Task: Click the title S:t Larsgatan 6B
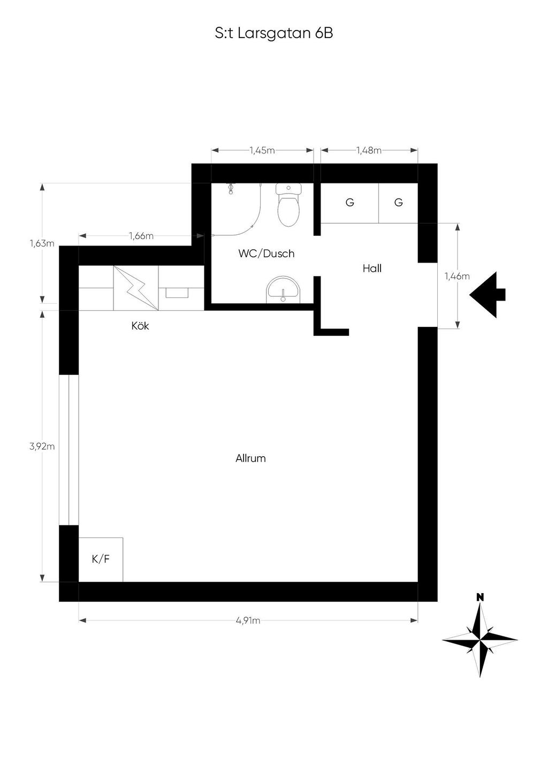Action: [x=274, y=34]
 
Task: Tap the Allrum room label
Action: [x=250, y=459]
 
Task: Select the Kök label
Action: [x=140, y=326]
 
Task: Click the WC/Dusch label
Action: [x=266, y=254]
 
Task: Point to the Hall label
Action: [x=372, y=268]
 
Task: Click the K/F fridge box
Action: [x=101, y=559]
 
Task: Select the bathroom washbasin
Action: [x=284, y=289]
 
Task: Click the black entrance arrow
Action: [x=488, y=295]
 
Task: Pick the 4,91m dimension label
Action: [x=248, y=620]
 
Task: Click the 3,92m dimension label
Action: [x=42, y=447]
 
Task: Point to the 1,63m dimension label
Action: [x=42, y=243]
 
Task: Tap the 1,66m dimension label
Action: [x=141, y=236]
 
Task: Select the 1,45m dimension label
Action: [x=262, y=150]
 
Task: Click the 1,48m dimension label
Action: [x=369, y=150]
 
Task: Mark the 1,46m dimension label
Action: [x=458, y=276]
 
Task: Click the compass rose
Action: [x=480, y=640]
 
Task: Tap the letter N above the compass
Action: [x=480, y=597]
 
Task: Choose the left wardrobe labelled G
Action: [x=349, y=203]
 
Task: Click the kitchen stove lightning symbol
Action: [x=136, y=288]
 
